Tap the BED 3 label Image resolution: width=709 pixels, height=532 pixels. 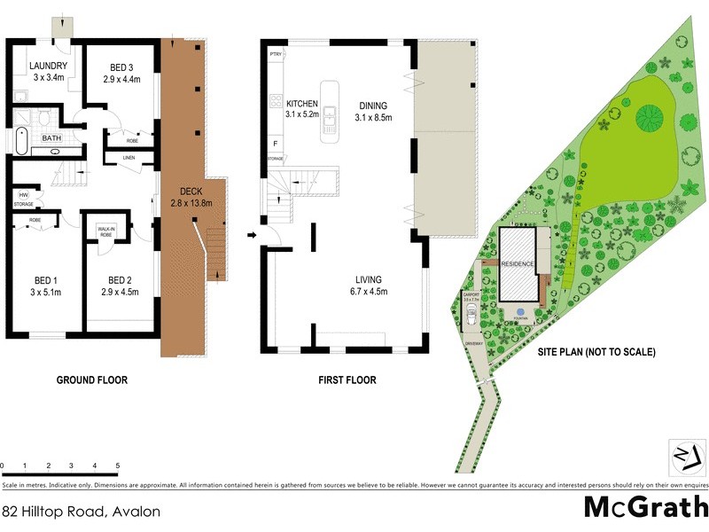tap(124, 66)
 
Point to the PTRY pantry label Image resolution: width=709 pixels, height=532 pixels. tap(276, 55)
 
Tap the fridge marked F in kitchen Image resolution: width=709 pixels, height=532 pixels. tap(275, 142)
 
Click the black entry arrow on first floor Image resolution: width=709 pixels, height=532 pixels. tap(253, 236)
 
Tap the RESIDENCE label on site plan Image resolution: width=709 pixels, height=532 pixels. tap(518, 264)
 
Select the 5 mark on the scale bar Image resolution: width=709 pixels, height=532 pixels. tap(117, 465)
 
